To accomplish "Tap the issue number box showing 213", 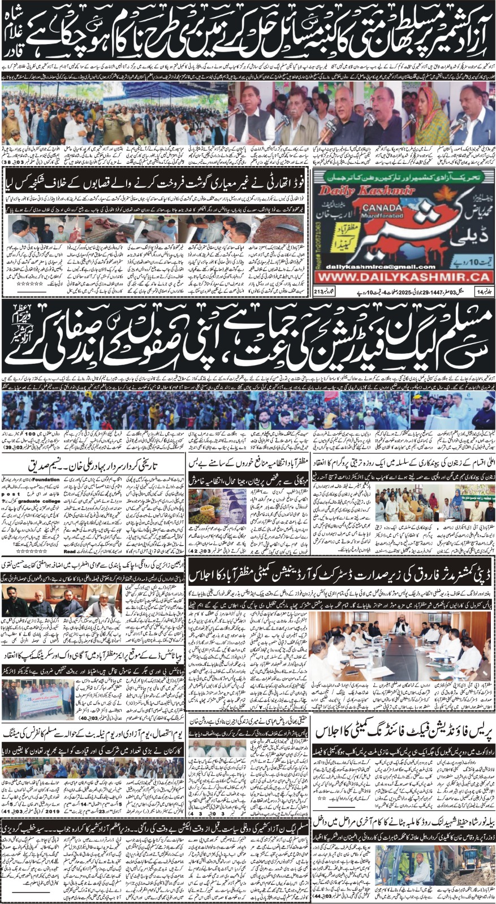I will click(x=321, y=292).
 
